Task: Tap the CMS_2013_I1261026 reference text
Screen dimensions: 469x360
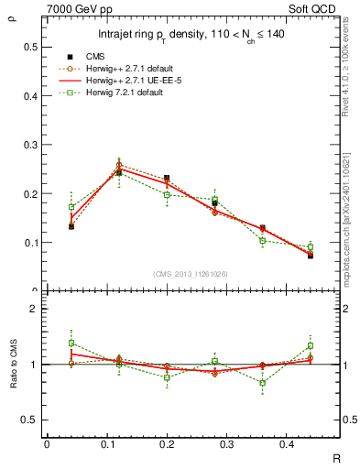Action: tap(191, 274)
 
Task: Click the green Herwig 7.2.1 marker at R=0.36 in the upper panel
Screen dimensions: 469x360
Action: tap(262, 241)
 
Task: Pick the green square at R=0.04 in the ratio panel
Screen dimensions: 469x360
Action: tap(71, 343)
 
